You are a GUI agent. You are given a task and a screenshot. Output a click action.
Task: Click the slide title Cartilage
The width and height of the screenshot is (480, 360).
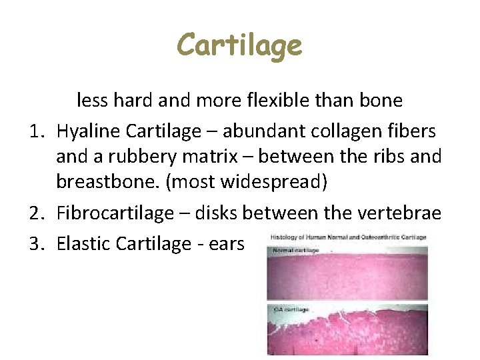pyautogui.click(x=239, y=46)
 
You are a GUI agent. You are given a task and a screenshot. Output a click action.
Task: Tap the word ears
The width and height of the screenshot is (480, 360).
pyautogui.click(x=226, y=244)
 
